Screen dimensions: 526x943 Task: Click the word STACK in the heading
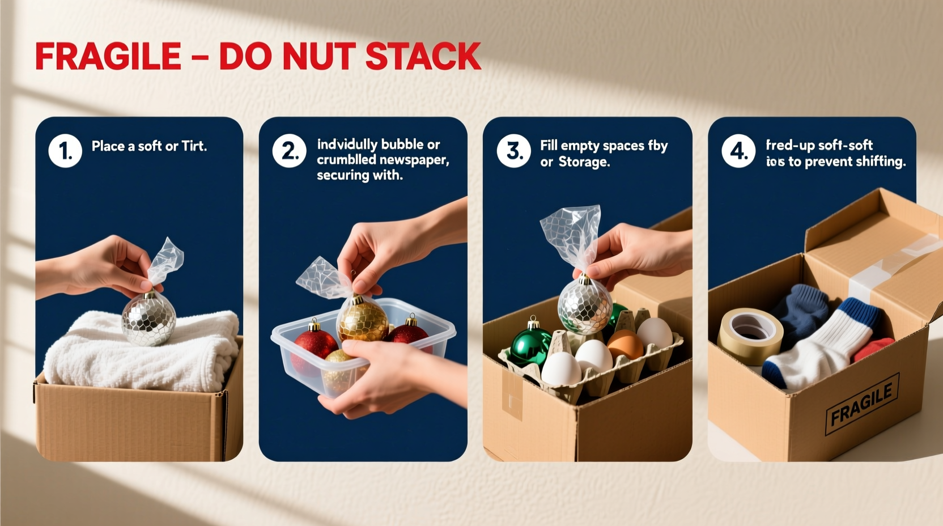(423, 57)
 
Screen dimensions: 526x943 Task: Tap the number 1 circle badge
(65, 151)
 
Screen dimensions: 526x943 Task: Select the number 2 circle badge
(290, 151)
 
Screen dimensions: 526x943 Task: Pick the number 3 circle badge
(513, 151)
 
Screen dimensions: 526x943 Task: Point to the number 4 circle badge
(738, 151)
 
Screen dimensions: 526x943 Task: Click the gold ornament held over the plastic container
(363, 320)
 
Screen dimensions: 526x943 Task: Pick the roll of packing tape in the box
(750, 336)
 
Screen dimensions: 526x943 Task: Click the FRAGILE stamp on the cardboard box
(861, 404)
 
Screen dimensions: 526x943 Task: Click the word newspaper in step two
(417, 160)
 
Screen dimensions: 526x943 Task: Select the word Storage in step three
(584, 162)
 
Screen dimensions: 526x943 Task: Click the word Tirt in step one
(194, 146)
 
